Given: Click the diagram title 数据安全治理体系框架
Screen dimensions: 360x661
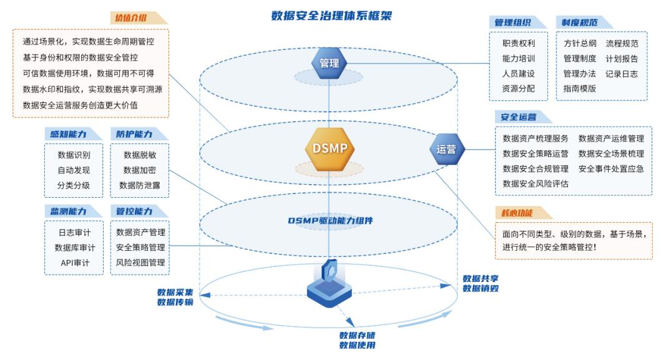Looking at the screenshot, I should [x=331, y=15].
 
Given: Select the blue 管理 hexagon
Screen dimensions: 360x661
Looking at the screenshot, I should [x=329, y=63].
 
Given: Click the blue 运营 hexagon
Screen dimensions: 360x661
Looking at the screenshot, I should [x=446, y=150].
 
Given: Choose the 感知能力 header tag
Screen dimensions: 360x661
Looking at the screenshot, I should [x=64, y=134].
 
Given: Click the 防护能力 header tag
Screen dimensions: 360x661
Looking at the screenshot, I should [x=130, y=134].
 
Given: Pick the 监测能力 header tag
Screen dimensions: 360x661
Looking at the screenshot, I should [x=64, y=211].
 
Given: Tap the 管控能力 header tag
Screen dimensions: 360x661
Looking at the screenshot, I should [x=130, y=211].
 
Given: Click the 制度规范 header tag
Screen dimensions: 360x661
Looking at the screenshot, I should [x=576, y=22].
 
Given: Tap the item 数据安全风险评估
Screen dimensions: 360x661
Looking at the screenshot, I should [x=536, y=183].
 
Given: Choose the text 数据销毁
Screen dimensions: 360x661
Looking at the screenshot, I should [x=480, y=288].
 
